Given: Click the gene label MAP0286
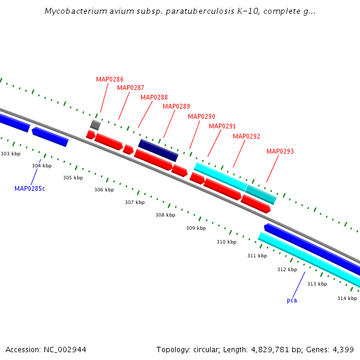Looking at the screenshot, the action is [x=110, y=79].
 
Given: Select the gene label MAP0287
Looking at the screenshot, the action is [x=131, y=88].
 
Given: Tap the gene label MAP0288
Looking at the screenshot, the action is [x=154, y=97].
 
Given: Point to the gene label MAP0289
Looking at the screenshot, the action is [x=176, y=107].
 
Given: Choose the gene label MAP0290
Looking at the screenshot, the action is [x=202, y=116].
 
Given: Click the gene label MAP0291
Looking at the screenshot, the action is [x=223, y=126].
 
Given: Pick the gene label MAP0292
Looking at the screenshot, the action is [x=247, y=136].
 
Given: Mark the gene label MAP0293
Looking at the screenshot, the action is [x=280, y=151].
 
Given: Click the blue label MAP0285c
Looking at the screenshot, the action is [x=30, y=188].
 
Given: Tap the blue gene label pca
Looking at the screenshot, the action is [x=292, y=300].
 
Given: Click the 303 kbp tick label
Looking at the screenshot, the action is [x=10, y=154].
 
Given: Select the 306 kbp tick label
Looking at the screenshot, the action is [x=104, y=190].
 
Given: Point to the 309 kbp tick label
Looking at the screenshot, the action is [x=196, y=228].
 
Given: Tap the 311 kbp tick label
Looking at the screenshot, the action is [x=257, y=256].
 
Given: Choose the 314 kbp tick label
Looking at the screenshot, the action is [x=347, y=298].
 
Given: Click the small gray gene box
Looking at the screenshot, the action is [x=95, y=125].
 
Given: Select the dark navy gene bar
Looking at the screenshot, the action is [x=158, y=151].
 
